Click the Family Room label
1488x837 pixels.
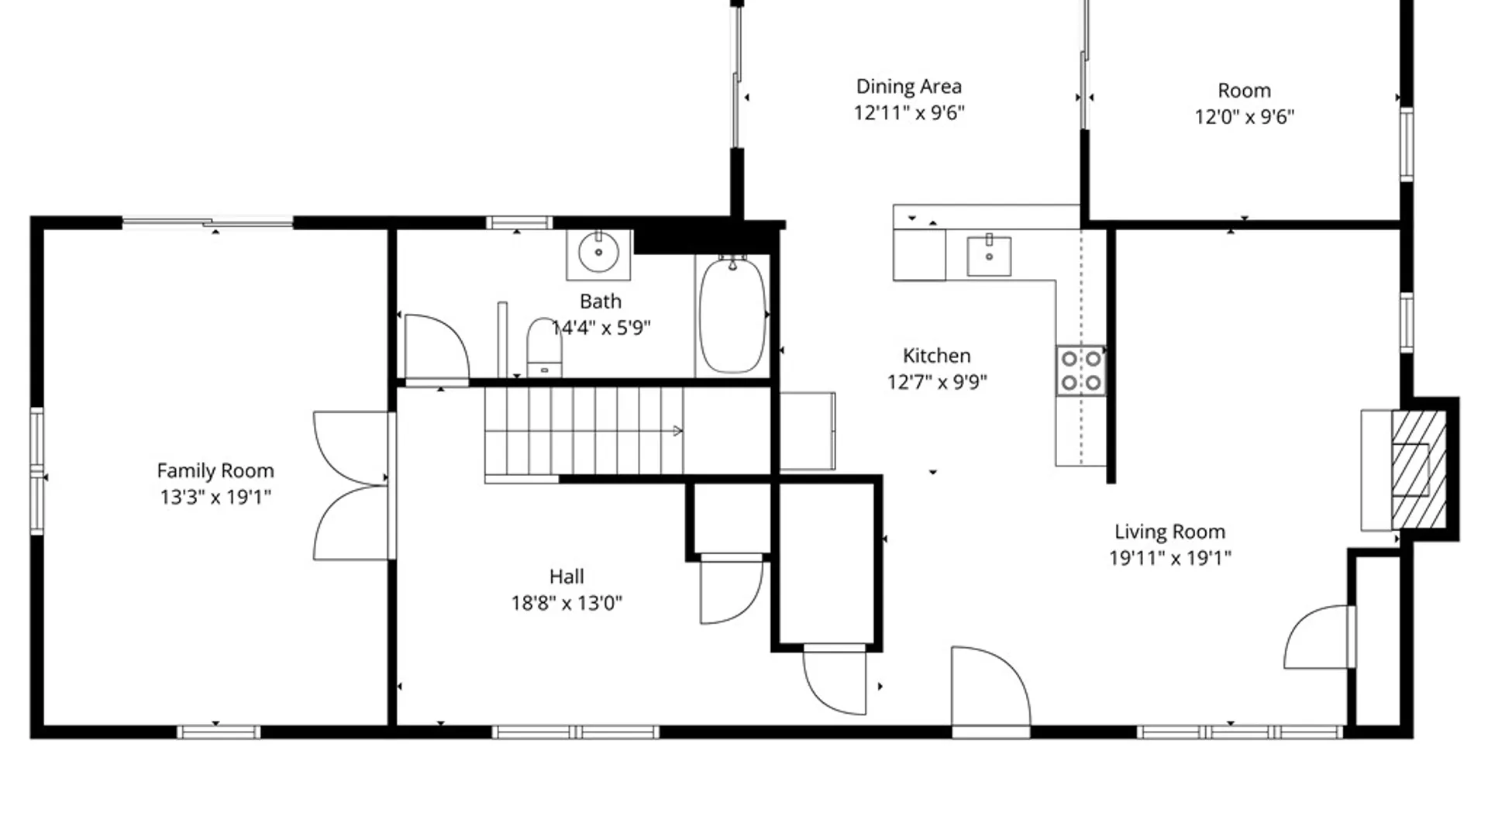[x=215, y=470]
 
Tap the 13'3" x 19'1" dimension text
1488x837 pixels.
[x=215, y=497]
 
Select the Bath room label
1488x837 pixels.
[x=601, y=301]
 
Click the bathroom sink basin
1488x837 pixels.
[x=598, y=252]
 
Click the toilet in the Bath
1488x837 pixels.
[x=544, y=347]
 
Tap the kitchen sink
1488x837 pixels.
[x=989, y=256]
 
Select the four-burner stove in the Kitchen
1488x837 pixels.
[x=1081, y=370]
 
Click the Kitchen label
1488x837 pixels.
[x=936, y=356]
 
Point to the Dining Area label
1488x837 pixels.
[x=909, y=86]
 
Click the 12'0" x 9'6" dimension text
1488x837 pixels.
[x=1245, y=116]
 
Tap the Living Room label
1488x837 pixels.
[x=1170, y=532]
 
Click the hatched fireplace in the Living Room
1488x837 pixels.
[x=1419, y=469]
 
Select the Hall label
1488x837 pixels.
[x=567, y=577]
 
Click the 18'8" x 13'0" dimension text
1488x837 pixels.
[x=567, y=603]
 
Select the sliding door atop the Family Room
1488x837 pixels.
[x=208, y=223]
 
